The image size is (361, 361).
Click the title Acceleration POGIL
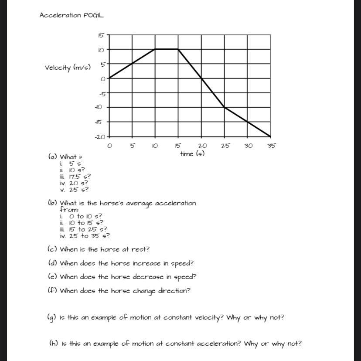[x=72, y=15]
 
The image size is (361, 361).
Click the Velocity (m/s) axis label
[x=68, y=68]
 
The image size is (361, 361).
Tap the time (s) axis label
[x=192, y=153]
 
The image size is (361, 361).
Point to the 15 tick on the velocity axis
[x=101, y=35]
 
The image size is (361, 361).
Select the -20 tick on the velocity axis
[x=100, y=137]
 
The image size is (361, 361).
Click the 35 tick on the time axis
[x=271, y=146]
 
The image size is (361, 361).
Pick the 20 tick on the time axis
[x=202, y=146]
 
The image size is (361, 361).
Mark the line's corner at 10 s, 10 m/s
[x=155, y=49]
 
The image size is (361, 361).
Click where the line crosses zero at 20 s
[x=201, y=78]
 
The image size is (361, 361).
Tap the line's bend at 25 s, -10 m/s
[x=225, y=107]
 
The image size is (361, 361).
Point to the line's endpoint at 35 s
[x=271, y=136]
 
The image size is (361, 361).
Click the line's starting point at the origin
[x=109, y=78]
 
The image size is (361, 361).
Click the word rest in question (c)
[x=141, y=250]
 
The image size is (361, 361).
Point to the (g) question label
[x=51, y=318]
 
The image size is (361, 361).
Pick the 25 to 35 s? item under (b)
[x=89, y=236]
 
